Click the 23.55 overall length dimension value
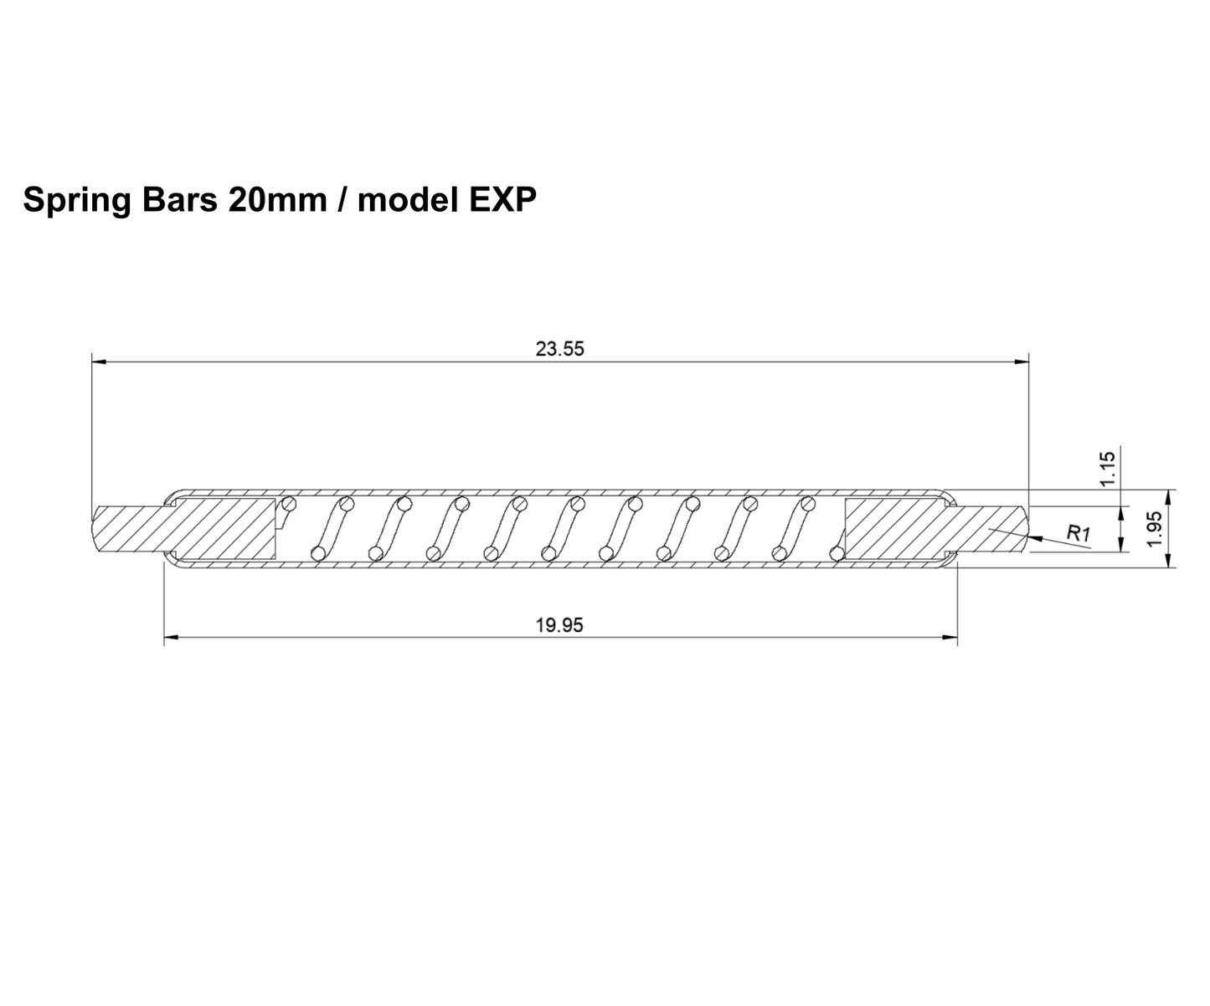(559, 350)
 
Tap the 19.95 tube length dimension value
(559, 625)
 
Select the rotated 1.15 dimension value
(1109, 469)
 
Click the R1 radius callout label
(1078, 531)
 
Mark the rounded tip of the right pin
(1025, 529)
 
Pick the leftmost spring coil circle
(290, 504)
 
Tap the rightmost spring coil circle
(836, 553)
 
